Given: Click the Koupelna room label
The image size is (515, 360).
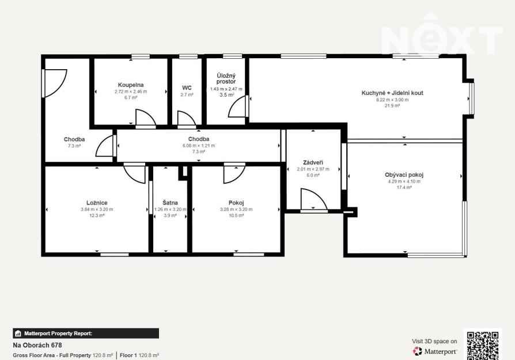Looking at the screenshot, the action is click(131, 85).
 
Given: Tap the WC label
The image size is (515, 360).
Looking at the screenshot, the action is click(187, 88).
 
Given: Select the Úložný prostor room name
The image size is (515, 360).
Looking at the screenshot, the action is click(226, 78).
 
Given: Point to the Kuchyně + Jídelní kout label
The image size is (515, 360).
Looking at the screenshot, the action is click(392, 93).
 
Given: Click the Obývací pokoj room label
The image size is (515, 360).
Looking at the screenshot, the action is click(404, 175).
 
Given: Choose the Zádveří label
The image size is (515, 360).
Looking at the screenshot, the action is click(313, 162).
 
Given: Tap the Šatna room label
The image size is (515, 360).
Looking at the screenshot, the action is click(170, 203).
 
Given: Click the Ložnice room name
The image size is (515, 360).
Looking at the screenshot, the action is click(97, 203).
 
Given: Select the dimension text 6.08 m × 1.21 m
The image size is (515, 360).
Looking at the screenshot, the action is click(199, 146).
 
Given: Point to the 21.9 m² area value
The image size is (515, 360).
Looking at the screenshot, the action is click(392, 106).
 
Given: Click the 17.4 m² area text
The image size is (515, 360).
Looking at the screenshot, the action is click(404, 188).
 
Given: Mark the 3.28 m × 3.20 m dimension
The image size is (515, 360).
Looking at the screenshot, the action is click(236, 209).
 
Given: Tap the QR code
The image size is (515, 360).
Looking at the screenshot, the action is click(483, 346).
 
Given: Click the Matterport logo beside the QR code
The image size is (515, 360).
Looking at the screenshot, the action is click(435, 351).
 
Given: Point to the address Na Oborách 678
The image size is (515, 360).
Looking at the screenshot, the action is click(37, 345).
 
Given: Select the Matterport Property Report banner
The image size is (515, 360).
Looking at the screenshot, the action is click(86, 334).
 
